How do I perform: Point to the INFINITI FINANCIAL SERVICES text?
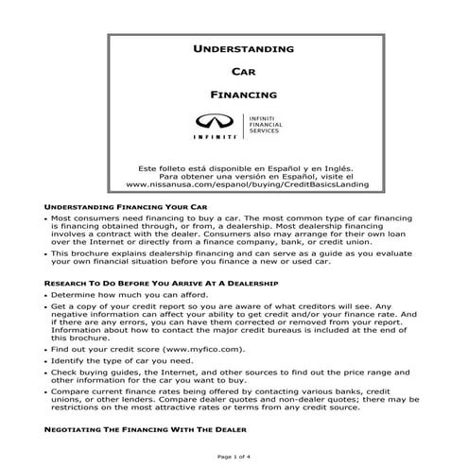267,125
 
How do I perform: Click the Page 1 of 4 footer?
234,458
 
